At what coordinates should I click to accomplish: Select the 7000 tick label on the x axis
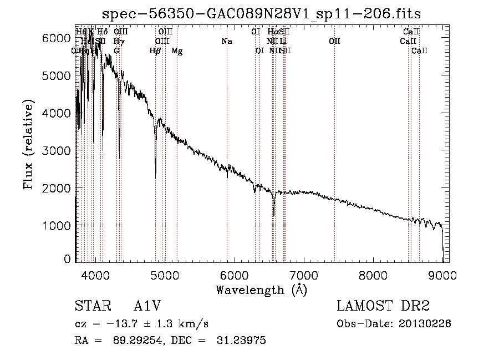pyautogui.click(x=303, y=275)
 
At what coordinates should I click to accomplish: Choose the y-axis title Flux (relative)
pyautogui.click(x=29, y=145)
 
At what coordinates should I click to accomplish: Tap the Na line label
pyautogui.click(x=226, y=42)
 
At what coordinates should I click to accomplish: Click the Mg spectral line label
pyautogui.click(x=177, y=51)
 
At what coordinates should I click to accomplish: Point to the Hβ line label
pyautogui.click(x=155, y=51)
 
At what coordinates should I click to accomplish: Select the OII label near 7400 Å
pyautogui.click(x=334, y=42)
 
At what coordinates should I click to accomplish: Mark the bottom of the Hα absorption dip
pyautogui.click(x=273, y=215)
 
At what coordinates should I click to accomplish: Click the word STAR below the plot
pyautogui.click(x=89, y=306)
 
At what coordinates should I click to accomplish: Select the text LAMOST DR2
pyautogui.click(x=383, y=306)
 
